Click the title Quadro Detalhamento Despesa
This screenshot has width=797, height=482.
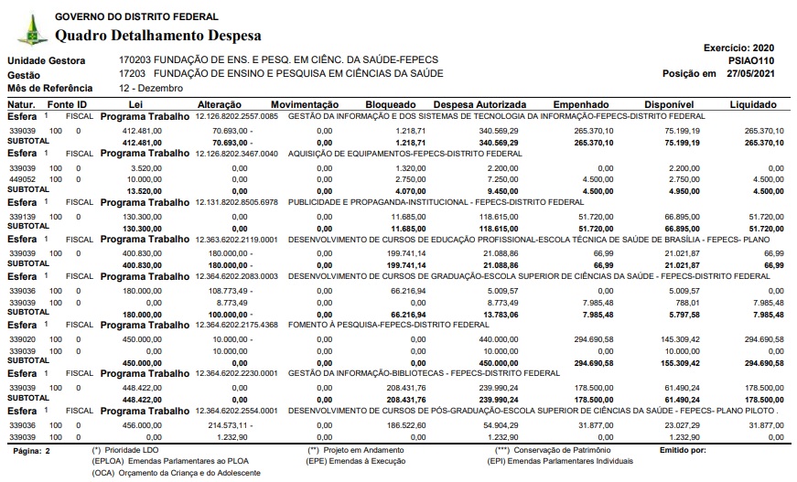[158, 36]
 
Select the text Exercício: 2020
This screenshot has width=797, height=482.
[738, 47]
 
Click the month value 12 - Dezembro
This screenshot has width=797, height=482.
[151, 88]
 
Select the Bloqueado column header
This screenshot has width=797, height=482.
[391, 105]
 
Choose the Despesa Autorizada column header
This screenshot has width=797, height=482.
[479, 105]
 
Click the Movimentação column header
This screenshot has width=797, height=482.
[305, 105]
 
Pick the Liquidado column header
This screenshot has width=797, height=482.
[753, 105]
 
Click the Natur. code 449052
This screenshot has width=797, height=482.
[22, 180]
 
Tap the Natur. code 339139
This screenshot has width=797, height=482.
[22, 216]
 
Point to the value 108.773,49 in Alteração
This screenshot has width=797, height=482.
[222, 289]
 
